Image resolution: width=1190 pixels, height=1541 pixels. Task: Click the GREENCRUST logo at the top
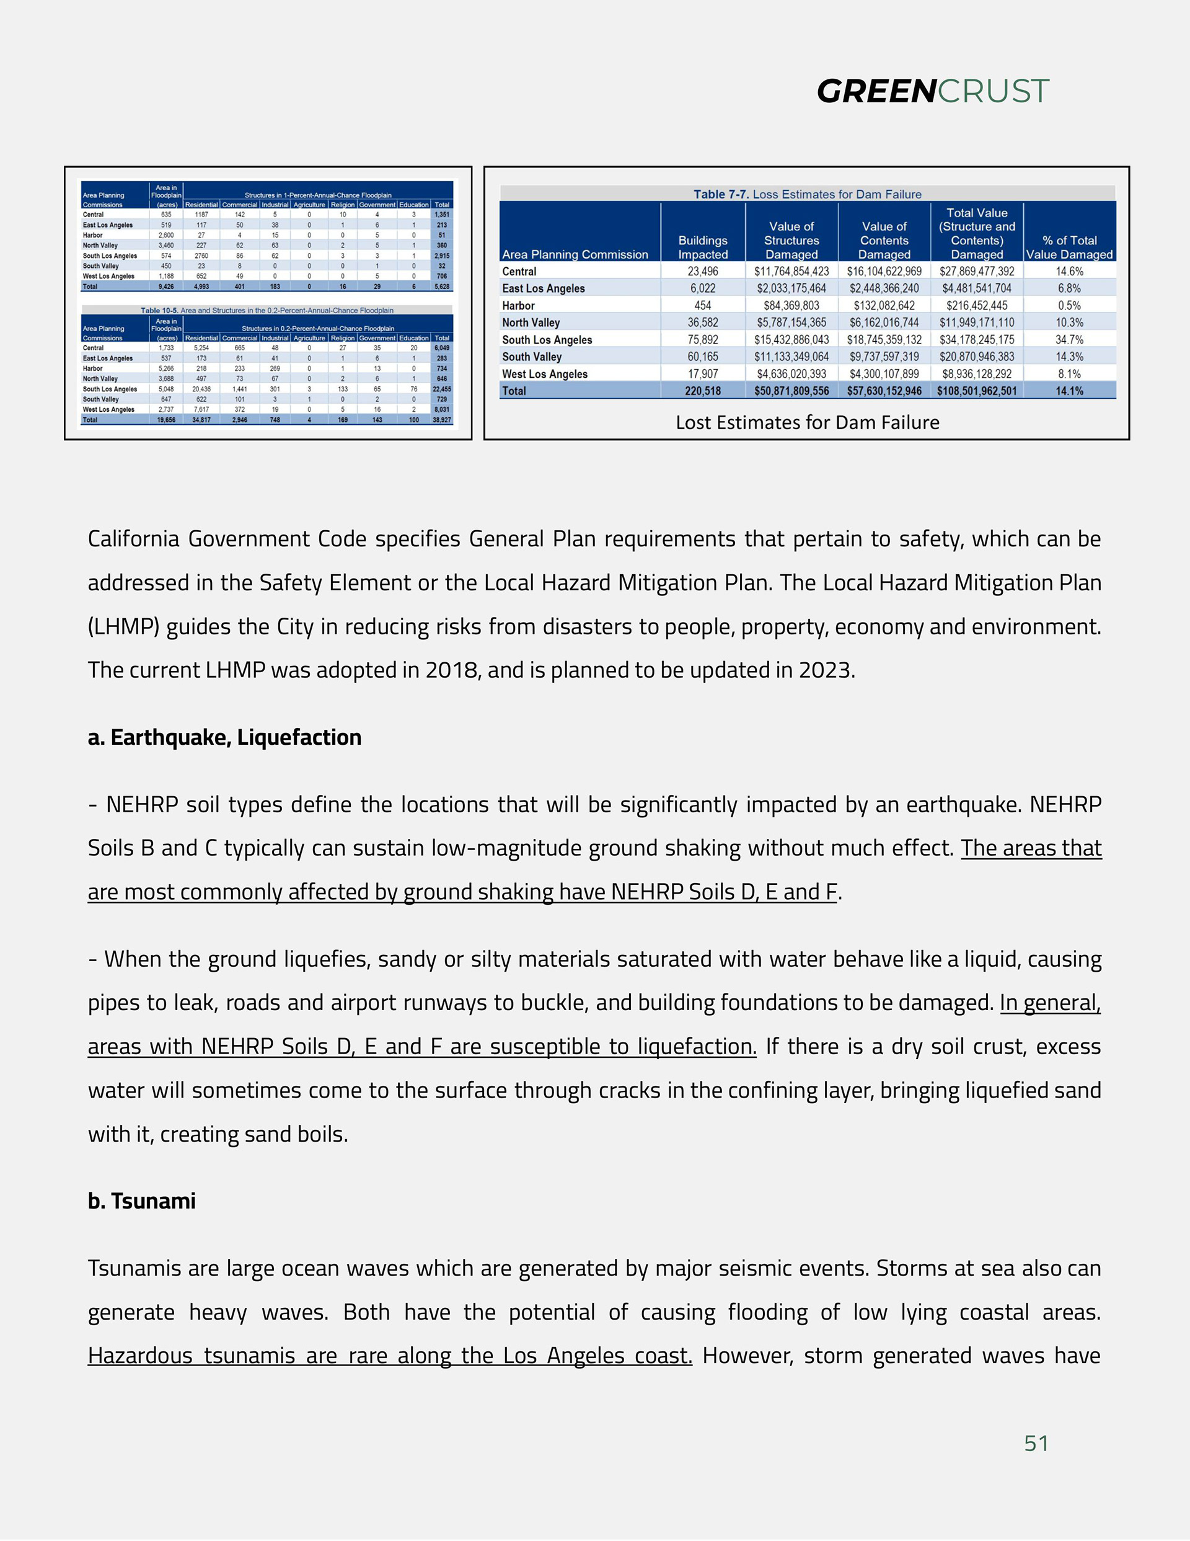pos(933,91)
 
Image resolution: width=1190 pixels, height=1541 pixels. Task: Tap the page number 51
pos(1036,1443)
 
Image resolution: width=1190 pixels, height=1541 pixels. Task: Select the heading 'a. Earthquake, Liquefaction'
pos(224,737)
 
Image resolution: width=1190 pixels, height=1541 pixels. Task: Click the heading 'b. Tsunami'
pos(141,1201)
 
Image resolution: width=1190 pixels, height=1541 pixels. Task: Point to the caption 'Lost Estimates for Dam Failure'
pos(807,423)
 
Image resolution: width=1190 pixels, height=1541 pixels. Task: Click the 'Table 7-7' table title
pos(807,194)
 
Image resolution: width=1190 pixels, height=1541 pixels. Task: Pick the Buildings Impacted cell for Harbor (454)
pos(703,306)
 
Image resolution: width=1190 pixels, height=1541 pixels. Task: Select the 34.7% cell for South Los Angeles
pos(1069,339)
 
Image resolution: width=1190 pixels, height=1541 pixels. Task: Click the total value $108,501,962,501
pos(976,391)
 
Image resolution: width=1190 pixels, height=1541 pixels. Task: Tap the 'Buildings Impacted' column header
pos(703,247)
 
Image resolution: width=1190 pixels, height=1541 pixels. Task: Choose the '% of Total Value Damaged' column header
pos(1069,247)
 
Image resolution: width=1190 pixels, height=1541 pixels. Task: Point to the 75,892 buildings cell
pos(703,339)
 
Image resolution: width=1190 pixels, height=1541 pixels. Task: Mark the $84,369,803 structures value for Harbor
pos(791,306)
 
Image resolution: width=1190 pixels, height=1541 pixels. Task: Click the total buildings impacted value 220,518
pos(703,391)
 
